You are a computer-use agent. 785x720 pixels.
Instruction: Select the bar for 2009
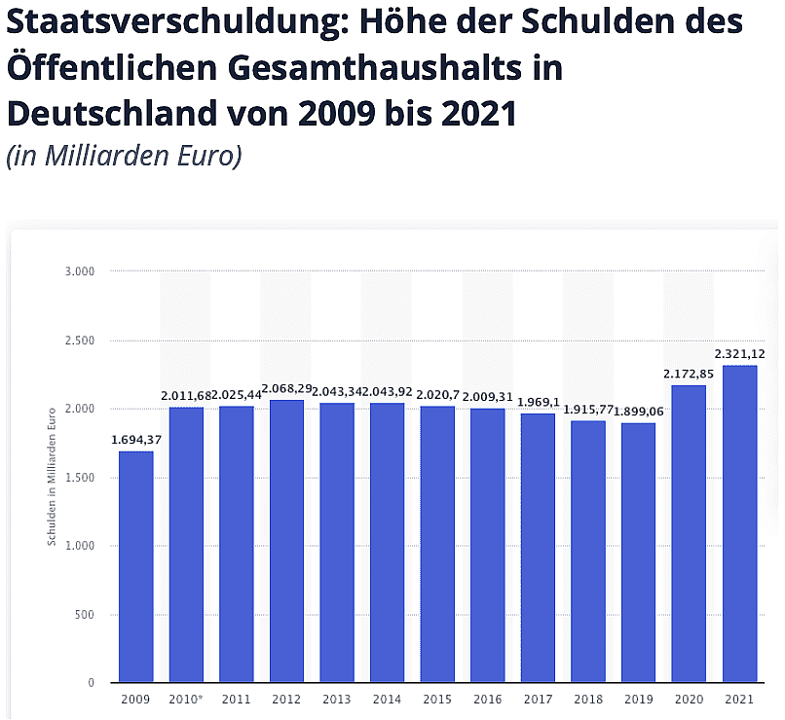136,566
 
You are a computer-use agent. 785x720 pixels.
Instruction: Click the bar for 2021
740,523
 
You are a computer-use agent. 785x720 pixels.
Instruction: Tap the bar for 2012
287,541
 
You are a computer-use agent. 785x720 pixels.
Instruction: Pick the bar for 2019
639,553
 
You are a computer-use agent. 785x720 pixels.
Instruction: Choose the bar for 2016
488,545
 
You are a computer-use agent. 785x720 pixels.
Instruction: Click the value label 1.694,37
135,440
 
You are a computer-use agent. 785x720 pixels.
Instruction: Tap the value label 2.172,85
690,374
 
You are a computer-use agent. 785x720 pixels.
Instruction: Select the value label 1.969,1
539,402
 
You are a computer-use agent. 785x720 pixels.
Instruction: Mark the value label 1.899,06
639,412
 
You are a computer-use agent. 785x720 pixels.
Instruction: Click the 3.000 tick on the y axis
81,271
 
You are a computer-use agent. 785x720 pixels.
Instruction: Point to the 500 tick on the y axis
86,615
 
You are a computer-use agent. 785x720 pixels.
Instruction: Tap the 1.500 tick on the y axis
81,478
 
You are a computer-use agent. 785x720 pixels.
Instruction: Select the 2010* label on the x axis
187,699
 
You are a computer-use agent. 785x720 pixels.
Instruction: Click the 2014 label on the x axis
388,699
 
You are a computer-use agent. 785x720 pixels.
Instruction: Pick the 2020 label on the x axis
690,699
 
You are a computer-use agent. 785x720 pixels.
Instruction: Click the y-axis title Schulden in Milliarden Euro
53,478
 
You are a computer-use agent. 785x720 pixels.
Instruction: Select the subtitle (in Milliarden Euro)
124,156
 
